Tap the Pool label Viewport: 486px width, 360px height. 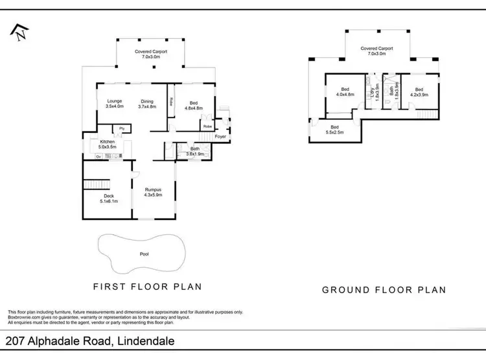[144, 254]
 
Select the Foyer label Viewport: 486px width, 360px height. [220, 137]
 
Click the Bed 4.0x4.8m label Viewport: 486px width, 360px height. [345, 92]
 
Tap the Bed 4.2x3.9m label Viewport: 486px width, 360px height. [419, 92]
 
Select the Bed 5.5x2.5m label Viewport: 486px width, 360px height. [334, 129]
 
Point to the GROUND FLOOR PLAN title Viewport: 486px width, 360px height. [384, 290]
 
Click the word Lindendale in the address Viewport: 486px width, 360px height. [143, 341]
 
